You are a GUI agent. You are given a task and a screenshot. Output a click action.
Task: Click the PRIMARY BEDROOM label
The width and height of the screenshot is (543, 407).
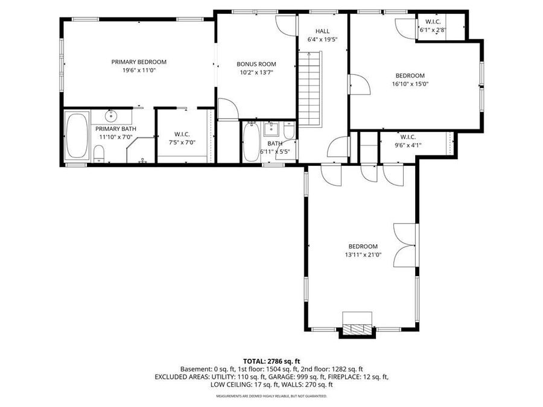pos(139,62)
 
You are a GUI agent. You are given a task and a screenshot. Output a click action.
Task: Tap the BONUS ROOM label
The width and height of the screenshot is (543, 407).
pos(256,64)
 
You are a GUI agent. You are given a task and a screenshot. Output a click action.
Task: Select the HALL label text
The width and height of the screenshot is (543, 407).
pos(322,31)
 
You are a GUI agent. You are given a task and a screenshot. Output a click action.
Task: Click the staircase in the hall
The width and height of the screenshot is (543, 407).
pos(310,89)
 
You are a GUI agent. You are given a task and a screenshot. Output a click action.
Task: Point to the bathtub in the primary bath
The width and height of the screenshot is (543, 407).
pos(77,136)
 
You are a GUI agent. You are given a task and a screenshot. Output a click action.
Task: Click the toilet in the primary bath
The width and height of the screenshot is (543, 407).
pos(99,154)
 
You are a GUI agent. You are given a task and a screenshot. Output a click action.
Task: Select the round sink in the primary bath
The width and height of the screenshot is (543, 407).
pos(111,115)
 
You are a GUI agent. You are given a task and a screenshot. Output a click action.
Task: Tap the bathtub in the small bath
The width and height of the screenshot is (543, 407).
pos(251,142)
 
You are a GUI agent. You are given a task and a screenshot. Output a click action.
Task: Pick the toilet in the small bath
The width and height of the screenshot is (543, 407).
pos(289,130)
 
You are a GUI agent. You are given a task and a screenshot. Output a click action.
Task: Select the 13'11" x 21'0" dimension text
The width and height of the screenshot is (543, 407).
pos(363,255)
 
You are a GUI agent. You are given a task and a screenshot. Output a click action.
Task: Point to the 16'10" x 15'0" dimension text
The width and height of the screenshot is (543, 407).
pos(410,84)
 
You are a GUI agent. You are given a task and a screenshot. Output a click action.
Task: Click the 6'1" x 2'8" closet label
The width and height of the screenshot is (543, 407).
pos(433,30)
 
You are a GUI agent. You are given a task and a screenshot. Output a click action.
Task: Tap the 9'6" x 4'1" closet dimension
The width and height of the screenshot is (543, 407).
pos(408,145)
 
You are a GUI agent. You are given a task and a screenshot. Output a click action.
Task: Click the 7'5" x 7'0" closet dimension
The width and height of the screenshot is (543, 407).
pos(182,142)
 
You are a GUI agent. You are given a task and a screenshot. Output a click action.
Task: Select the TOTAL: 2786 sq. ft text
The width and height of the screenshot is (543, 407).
pos(271,362)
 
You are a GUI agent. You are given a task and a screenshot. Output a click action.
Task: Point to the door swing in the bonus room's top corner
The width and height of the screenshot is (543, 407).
pos(285,25)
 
